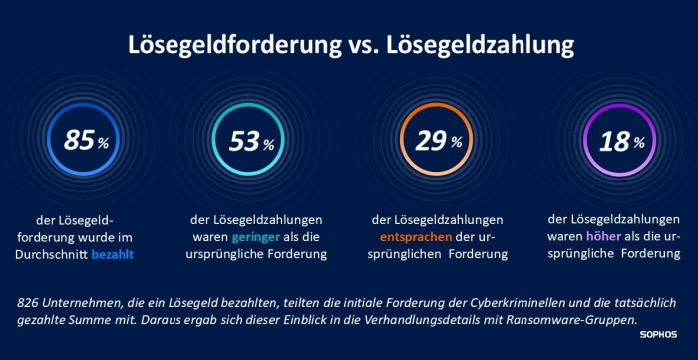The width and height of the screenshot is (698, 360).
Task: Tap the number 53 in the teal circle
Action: [x=243, y=142]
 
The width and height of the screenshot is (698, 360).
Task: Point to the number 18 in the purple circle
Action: [x=614, y=141]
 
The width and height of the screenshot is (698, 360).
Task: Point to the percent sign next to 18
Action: [x=640, y=143]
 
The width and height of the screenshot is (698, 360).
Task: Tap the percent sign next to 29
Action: [x=456, y=143]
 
